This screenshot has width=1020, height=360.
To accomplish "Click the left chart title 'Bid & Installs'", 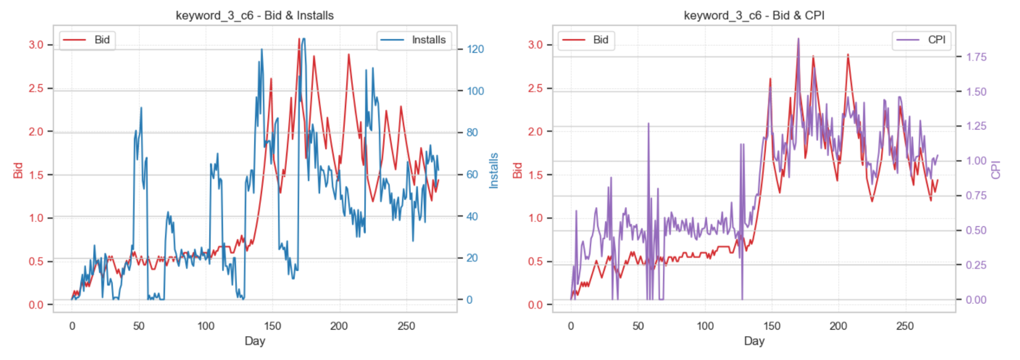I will click(255, 15).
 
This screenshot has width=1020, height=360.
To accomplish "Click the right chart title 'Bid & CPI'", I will click(754, 15).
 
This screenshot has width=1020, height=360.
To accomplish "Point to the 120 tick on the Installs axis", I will click(475, 50).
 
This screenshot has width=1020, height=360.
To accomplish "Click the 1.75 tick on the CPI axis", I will click(977, 57).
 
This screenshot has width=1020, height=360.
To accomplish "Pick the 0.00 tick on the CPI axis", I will click(977, 300).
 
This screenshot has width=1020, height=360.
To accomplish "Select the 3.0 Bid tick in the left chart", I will click(36, 45).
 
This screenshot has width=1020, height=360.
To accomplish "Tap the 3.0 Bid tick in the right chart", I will click(535, 45).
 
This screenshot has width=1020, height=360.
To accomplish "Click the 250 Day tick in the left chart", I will click(406, 326).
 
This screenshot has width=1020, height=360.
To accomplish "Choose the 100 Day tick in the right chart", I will click(705, 326).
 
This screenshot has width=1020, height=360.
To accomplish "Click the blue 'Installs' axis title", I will click(494, 171).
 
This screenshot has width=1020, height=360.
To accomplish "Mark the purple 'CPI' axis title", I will click(996, 171).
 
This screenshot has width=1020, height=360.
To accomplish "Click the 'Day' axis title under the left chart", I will click(255, 341).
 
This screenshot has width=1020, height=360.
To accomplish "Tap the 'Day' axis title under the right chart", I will click(754, 341).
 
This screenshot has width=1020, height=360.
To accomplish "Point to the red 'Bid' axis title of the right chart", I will click(517, 171).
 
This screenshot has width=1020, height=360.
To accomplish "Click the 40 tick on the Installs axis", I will click(473, 216).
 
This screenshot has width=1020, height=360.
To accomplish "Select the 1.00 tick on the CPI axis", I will click(977, 161).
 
